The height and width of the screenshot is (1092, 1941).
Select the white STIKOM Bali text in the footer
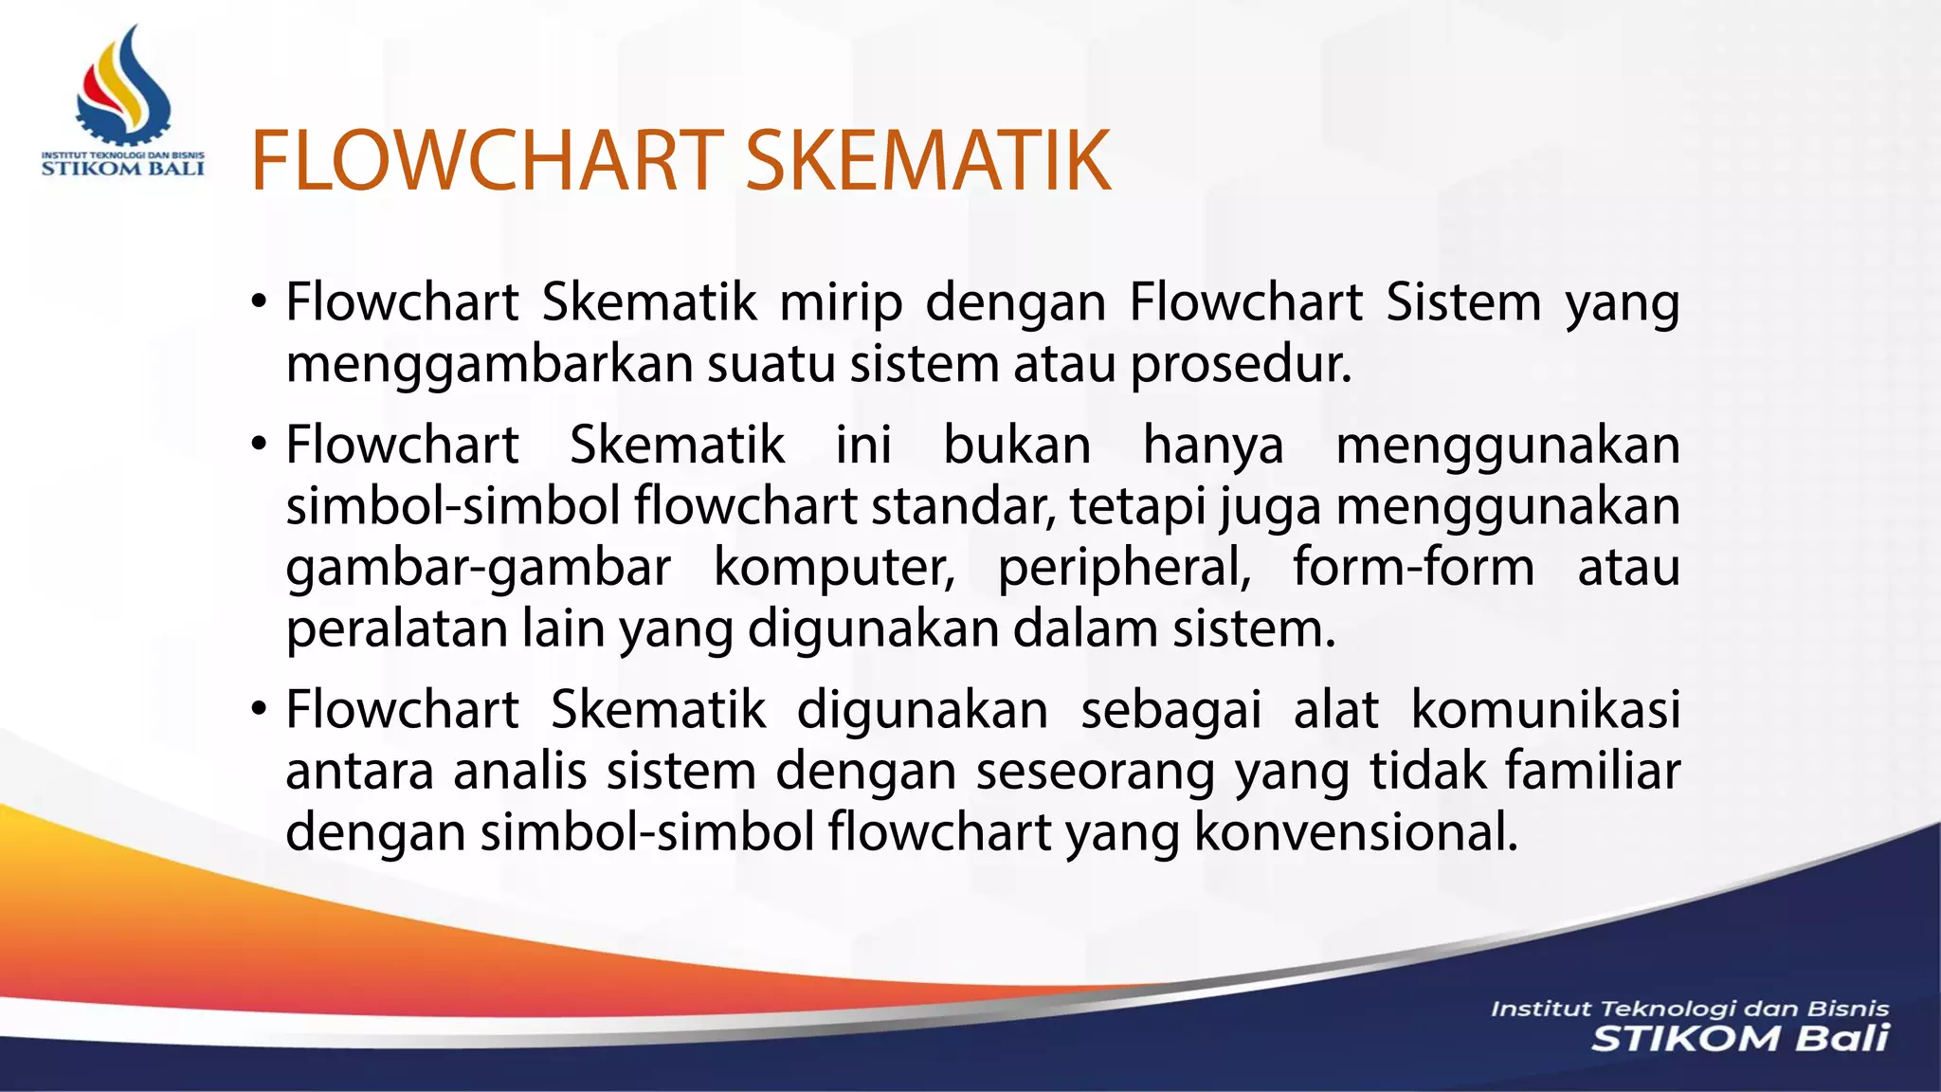[1739, 1039]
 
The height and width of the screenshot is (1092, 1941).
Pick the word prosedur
[1241, 365]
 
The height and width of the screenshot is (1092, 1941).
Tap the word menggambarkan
[490, 365]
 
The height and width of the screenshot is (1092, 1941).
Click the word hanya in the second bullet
[1213, 446]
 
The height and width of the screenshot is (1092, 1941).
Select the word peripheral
[1124, 568]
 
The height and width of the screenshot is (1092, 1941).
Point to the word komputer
[834, 568]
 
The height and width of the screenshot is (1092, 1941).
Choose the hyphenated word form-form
[1413, 568]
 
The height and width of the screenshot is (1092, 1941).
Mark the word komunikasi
[1545, 710]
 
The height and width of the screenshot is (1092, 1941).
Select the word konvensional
[1355, 832]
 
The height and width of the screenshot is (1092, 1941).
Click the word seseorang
[1096, 771]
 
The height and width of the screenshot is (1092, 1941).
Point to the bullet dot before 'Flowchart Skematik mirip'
[259, 303]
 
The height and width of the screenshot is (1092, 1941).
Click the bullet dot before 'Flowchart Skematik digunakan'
[259, 710]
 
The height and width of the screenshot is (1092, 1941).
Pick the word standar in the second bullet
[964, 506]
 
